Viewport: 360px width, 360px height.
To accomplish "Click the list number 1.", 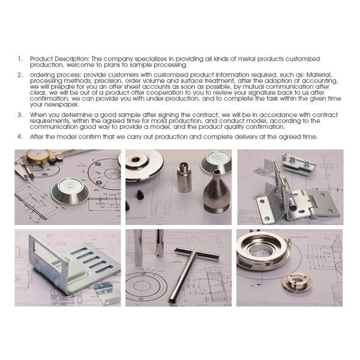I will (x=20, y=59).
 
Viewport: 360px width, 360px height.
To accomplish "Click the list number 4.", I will (x=20, y=137).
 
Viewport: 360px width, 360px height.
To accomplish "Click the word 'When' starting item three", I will (x=39, y=114).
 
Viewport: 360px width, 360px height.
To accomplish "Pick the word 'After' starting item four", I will (x=38, y=137).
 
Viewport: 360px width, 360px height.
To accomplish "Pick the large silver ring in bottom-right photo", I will (x=262, y=251).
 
